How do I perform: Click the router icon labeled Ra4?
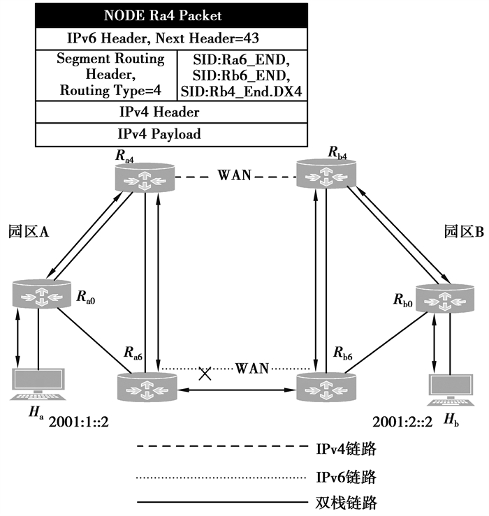(x=144, y=178)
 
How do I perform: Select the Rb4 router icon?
(x=324, y=174)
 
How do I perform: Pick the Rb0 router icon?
(x=445, y=297)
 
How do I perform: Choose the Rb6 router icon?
(x=326, y=385)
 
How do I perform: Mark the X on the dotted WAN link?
(x=205, y=374)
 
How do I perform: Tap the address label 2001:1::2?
(x=82, y=422)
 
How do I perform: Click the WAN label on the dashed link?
(x=235, y=175)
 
